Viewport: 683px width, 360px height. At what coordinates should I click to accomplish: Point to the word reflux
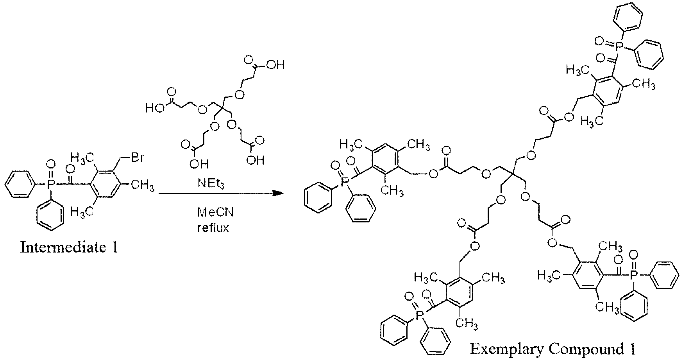213,228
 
